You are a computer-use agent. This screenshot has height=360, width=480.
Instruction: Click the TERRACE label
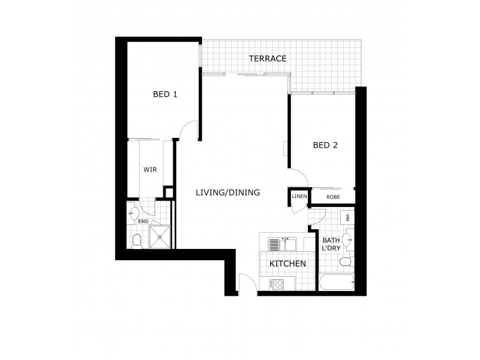click(268, 59)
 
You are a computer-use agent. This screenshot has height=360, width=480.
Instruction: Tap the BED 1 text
click(165, 94)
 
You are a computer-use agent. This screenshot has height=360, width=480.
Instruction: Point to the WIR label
click(149, 170)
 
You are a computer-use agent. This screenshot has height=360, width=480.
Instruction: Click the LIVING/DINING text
click(227, 193)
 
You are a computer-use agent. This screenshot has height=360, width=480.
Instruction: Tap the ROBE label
click(333, 197)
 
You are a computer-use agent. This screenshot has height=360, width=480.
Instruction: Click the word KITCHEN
click(287, 264)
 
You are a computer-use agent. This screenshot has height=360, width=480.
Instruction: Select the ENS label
click(143, 221)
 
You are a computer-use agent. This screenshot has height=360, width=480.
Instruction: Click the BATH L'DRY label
click(331, 244)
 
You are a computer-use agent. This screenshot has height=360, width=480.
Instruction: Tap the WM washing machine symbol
click(347, 216)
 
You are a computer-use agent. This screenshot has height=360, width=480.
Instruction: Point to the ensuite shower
click(160, 236)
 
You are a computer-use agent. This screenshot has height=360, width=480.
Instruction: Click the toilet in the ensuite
click(137, 241)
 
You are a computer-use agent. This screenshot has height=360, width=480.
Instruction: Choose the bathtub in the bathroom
click(337, 283)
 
